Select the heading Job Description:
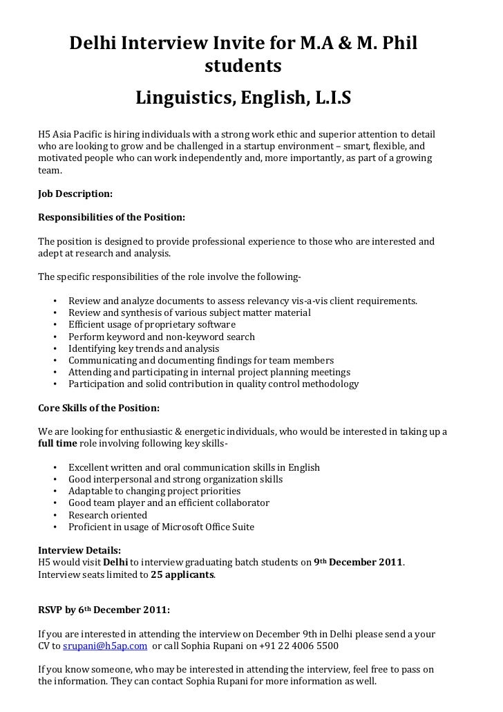click(x=75, y=194)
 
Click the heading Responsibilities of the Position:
click(x=111, y=217)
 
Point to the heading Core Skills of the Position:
click(x=99, y=407)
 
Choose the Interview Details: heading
click(x=79, y=550)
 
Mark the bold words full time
click(x=57, y=443)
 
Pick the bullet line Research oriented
click(x=108, y=515)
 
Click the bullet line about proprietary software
click(x=152, y=324)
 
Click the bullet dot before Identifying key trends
click(x=54, y=349)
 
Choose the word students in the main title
click(x=243, y=67)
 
